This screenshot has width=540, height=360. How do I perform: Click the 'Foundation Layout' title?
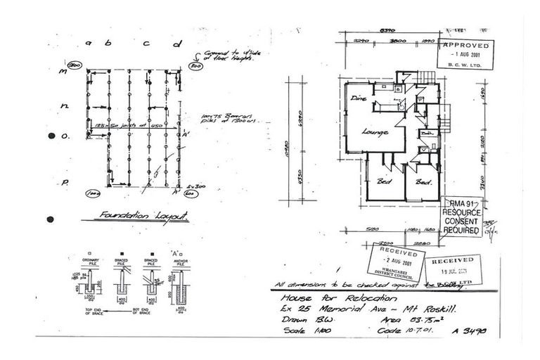coord(143,216)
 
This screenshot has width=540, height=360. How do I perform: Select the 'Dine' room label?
coord(356,98)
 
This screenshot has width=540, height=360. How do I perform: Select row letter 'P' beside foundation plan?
coord(63,182)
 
